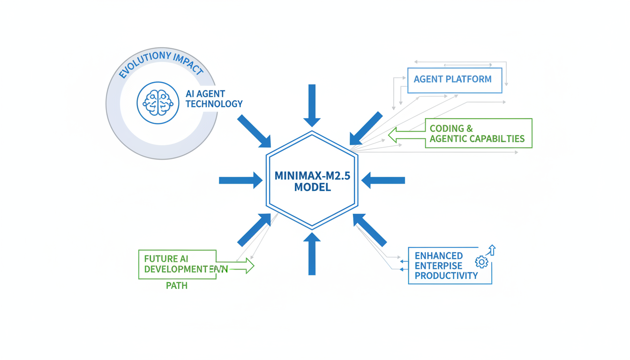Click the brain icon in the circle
pos(158,103)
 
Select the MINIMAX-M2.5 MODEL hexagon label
pos(312,181)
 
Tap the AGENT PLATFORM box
pos(455,80)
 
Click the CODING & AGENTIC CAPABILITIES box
pos(478,134)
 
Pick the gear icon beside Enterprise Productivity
pos(481,262)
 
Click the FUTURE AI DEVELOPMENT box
pos(177,264)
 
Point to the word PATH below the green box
pos(177,285)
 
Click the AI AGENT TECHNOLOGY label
pos(214,99)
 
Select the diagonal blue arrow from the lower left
pos(255,229)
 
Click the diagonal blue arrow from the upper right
pos(366,128)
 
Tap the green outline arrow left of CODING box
pos(406,134)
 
